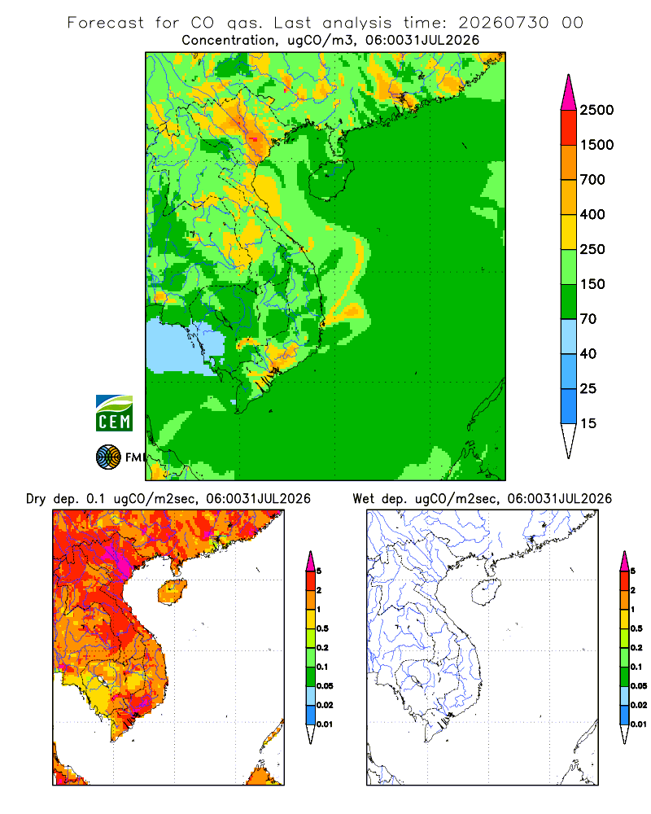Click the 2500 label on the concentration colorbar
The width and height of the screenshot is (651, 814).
(596, 110)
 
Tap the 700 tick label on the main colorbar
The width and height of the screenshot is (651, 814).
(592, 180)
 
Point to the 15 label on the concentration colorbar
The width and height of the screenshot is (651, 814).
(588, 423)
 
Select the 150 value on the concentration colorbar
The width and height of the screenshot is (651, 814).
(592, 284)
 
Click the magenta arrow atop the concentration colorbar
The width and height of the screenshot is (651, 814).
(569, 94)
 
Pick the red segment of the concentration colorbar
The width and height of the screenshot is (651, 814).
(569, 128)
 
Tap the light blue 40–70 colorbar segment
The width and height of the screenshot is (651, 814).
(569, 336)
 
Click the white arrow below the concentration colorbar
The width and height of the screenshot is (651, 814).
(569, 440)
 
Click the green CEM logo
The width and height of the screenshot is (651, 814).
(114, 414)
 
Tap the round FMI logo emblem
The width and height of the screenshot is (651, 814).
(108, 457)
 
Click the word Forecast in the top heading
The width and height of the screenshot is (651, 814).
(106, 23)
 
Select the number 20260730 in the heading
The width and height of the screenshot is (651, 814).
(503, 23)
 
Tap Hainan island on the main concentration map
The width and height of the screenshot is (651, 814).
(331, 179)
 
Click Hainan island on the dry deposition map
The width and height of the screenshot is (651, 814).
(172, 592)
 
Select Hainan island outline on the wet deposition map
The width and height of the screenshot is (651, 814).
(486, 593)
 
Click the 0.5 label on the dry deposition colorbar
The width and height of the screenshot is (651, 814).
(322, 628)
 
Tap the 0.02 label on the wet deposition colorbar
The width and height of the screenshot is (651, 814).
(639, 705)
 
